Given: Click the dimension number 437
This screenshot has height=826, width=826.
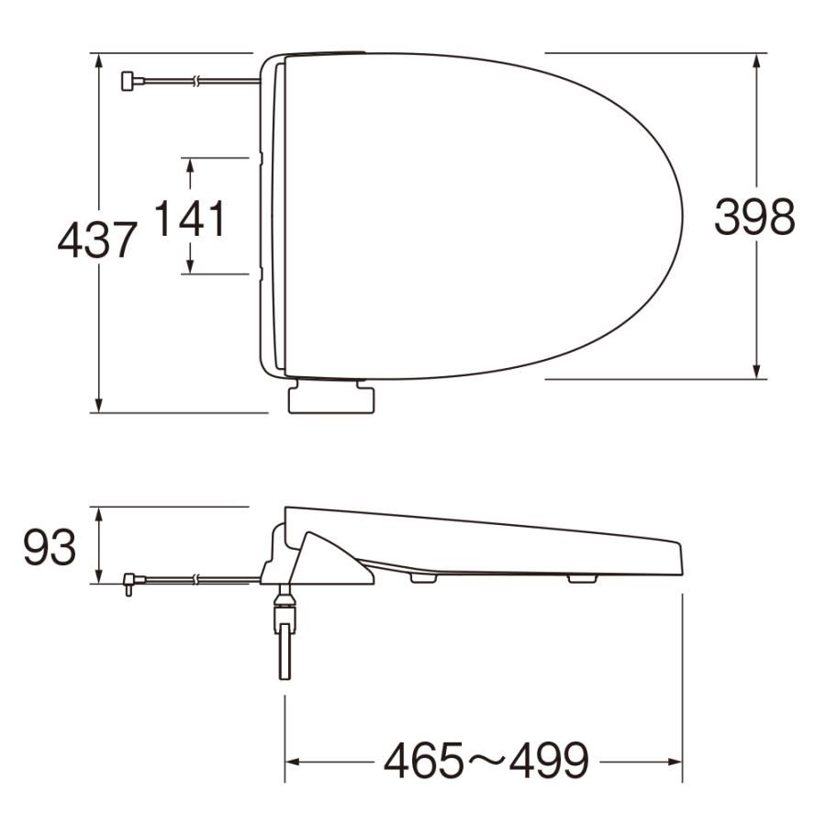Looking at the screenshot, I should (97, 240).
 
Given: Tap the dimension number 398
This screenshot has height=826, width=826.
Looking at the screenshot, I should (754, 218).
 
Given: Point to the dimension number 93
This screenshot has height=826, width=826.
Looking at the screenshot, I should (50, 549).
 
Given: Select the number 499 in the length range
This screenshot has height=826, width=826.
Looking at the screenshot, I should (547, 761).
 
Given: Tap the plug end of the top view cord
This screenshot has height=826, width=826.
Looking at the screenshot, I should (128, 82).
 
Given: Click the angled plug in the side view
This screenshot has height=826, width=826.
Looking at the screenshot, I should (129, 582).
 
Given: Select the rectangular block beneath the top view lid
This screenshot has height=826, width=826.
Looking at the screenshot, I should (331, 399).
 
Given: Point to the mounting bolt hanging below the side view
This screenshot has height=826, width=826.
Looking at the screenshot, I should (285, 638).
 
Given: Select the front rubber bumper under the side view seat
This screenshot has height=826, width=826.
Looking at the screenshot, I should (582, 578).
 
